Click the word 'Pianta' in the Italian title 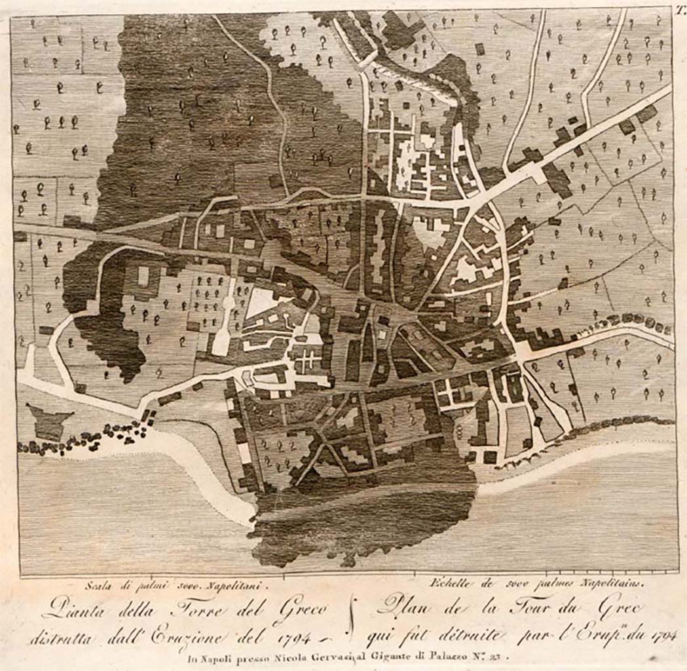(65, 613)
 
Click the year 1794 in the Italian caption (294, 637)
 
